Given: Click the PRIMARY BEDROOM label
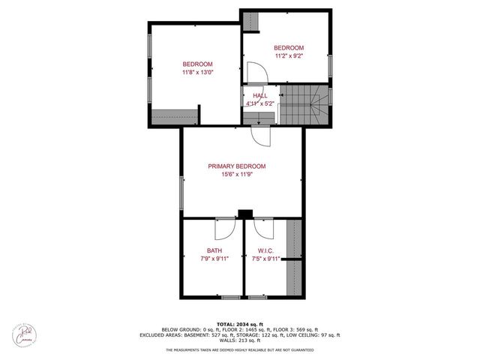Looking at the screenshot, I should [236, 166].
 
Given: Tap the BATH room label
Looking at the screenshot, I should [214, 250].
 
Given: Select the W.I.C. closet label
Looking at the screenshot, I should [265, 250].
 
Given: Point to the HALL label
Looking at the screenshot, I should [259, 96].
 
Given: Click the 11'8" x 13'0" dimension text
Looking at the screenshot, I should [198, 73].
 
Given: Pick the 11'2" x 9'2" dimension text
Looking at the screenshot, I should [289, 55].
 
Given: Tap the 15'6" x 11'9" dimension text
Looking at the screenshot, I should [236, 175].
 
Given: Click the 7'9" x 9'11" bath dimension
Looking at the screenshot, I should [214, 259].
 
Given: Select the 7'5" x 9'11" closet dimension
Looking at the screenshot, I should [265, 259].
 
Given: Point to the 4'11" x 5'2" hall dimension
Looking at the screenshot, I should [259, 104].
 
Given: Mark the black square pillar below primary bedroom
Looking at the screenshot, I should [244, 214].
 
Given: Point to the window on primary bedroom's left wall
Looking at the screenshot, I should [181, 193].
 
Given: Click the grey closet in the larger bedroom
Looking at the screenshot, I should [175, 118].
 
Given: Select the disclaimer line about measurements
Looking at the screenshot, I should [239, 349].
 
